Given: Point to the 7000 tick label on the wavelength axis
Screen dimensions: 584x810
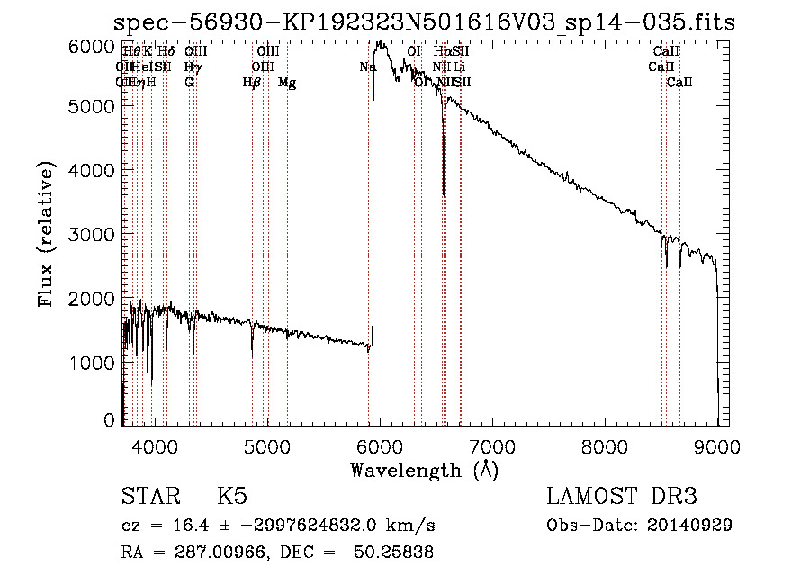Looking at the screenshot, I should (492, 445).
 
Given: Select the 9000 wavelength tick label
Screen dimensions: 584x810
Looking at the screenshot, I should (717, 445).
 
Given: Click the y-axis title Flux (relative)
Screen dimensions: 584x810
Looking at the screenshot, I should (47, 235).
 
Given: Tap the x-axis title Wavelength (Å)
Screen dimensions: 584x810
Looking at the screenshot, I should (424, 470).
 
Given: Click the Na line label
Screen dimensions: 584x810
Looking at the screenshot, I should (367, 67).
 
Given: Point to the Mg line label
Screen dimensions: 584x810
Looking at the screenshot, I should (287, 83).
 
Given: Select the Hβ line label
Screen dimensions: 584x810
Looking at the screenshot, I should (252, 83).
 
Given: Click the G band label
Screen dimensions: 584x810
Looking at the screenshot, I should (189, 83).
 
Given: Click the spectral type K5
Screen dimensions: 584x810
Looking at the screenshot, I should (232, 498).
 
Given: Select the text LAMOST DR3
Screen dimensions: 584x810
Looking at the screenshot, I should (622, 498).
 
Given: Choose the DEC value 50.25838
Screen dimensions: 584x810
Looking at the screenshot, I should (399, 553).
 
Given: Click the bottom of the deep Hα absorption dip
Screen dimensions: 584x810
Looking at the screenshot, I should (443, 194).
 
